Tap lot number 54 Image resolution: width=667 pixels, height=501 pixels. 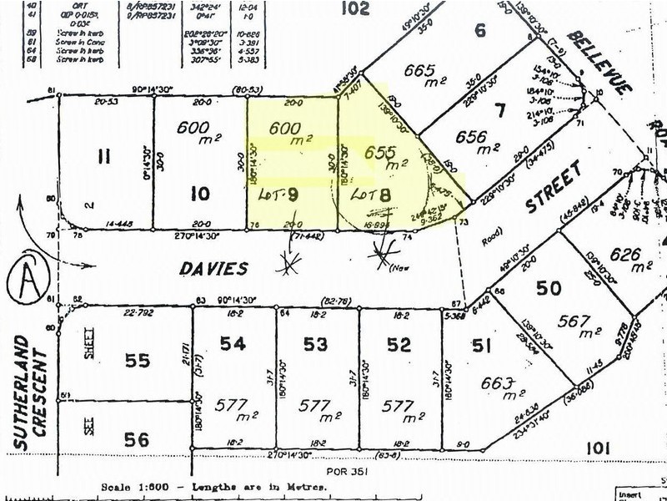pos(234,344)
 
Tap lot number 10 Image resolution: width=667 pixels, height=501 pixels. pos(199,195)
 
